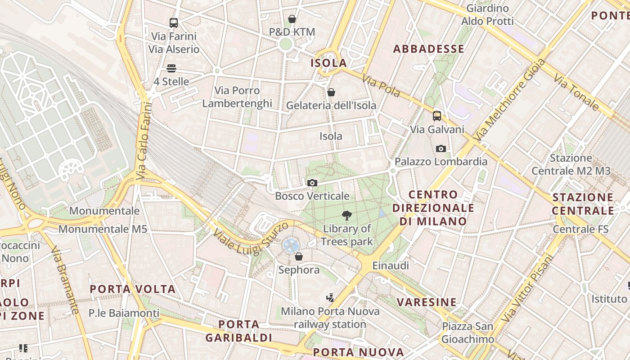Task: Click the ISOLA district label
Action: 329,63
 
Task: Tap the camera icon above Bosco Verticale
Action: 312,183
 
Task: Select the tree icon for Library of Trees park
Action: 346,216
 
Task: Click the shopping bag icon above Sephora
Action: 298,256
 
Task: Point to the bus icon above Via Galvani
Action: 436,116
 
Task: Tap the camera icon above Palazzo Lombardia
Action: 441,148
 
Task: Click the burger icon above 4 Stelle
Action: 171,68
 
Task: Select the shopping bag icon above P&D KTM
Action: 292,19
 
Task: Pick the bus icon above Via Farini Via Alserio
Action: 174,22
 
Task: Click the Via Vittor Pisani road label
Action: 526,288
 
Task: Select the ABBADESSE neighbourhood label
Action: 428,49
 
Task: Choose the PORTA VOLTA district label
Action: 133,289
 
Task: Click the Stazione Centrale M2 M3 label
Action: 571,165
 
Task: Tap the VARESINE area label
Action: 427,301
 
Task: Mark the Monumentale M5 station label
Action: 103,229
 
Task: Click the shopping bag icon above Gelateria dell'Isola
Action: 331,92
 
